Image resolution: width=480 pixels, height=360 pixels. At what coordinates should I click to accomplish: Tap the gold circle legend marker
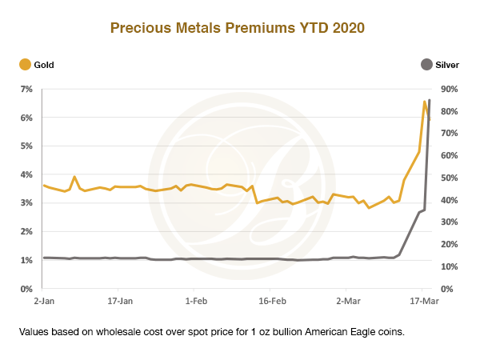pos(25,64)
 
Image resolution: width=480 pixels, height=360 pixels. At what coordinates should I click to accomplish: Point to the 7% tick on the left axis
pos(26,89)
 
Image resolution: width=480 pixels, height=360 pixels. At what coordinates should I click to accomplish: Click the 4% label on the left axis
pos(26,174)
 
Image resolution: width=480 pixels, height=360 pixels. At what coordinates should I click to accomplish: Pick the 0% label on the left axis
pos(26,289)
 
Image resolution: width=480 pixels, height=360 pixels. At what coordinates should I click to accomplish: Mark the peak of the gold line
pos(425,102)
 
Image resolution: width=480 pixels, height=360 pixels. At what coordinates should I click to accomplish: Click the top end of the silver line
pos(430,100)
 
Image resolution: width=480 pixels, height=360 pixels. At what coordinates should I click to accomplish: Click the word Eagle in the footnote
pos(365,331)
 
